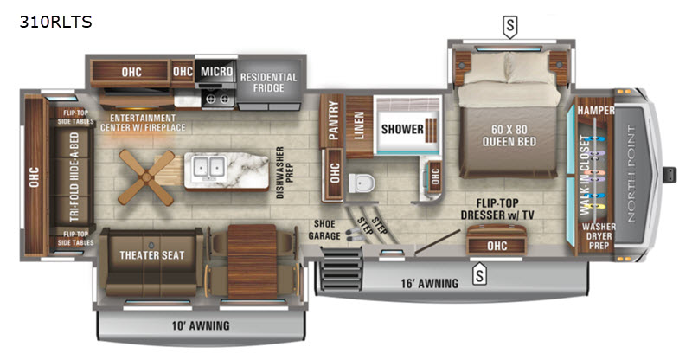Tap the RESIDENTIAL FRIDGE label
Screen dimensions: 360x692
269,83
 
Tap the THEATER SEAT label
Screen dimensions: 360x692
150,254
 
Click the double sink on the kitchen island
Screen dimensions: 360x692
206,166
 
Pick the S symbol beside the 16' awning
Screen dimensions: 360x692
477,277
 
